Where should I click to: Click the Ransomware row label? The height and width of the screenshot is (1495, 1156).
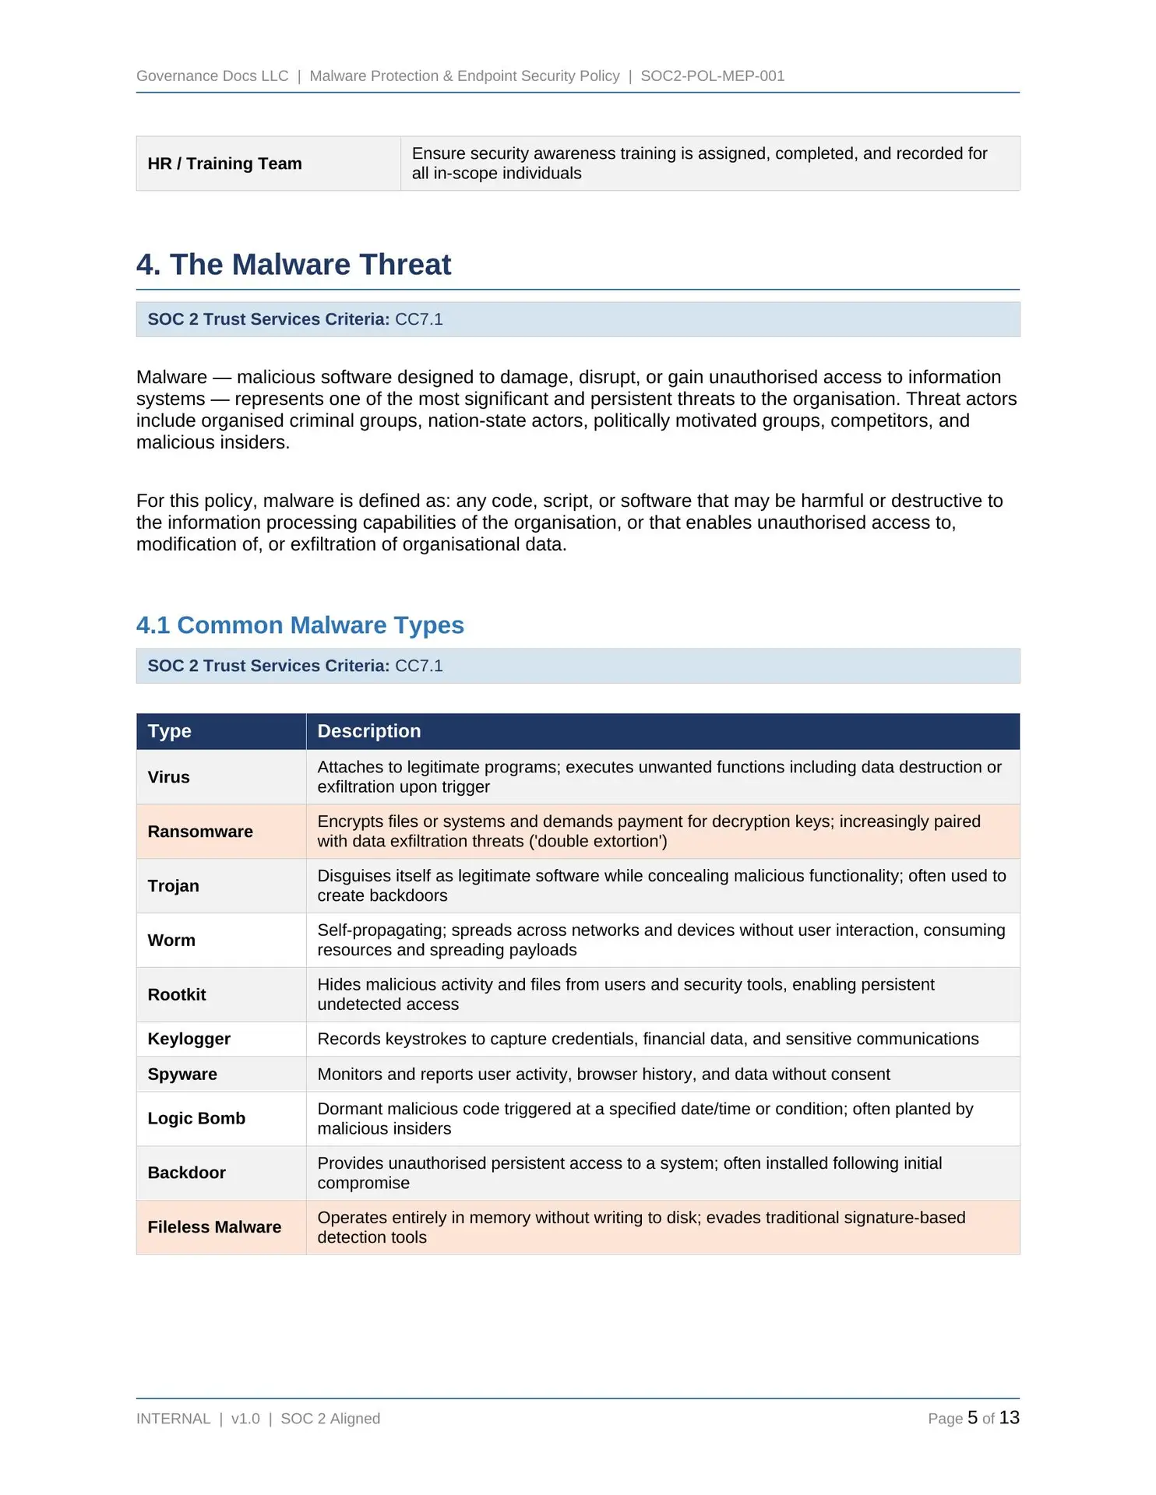200,832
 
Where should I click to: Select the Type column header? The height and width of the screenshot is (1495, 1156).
170,731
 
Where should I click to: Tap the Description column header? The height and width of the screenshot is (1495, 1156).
368,731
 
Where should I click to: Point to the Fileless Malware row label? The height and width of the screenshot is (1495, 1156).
214,1227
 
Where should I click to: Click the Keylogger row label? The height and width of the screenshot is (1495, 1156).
189,1039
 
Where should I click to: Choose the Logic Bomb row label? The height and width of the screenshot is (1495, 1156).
196,1118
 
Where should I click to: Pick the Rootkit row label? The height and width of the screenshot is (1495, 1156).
177,994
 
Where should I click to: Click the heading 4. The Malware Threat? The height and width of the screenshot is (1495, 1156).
294,265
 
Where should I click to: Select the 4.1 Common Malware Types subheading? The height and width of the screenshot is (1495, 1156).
300,625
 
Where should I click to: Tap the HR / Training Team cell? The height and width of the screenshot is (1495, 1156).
224,164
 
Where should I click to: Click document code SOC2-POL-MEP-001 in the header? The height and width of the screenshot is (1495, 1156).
712,76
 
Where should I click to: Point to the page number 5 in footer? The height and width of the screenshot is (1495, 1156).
972,1418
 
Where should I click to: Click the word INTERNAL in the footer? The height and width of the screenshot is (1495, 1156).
173,1419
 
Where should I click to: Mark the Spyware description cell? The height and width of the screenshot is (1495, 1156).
603,1075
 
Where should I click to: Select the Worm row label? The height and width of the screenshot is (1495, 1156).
171,940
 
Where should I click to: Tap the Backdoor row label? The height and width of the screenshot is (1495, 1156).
187,1173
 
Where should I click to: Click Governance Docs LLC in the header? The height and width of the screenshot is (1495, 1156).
212,76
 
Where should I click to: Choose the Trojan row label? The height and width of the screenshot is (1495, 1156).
174,886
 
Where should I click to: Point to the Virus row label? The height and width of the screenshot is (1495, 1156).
169,777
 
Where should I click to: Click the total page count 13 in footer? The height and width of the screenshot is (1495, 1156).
1009,1418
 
